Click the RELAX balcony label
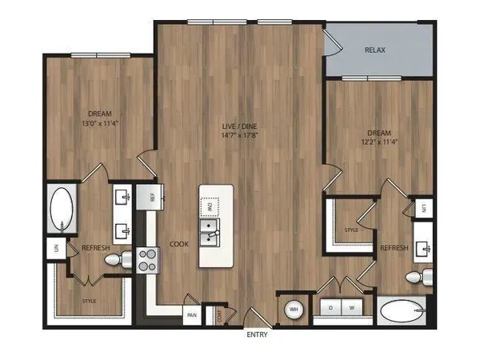[x=375, y=50]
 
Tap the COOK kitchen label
[x=178, y=245]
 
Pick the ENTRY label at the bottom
[x=257, y=334]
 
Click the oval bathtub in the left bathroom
[x=61, y=210]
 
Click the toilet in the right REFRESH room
[x=414, y=278]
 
